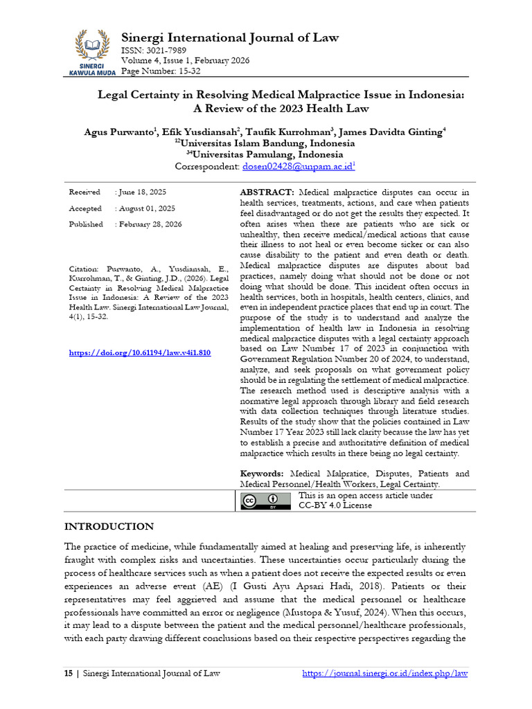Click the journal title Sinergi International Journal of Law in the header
coord(230,37)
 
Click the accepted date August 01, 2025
coord(147,208)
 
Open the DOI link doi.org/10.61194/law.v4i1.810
coord(139,353)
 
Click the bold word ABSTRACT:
coord(267,192)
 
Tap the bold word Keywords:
coord(263,474)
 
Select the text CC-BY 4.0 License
coord(335,505)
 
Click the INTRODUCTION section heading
coord(109,526)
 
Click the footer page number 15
coord(68,673)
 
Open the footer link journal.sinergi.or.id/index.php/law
coord(386,673)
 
